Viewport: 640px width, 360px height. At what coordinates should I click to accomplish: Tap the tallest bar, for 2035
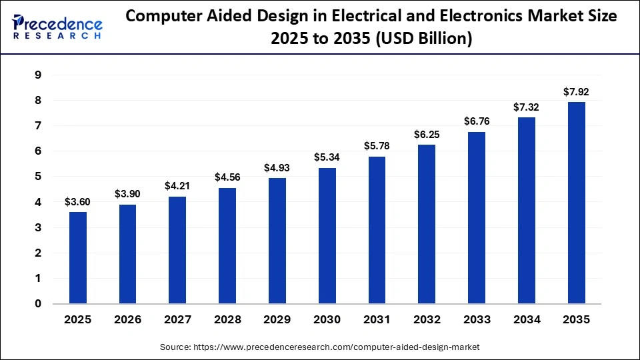tap(576, 203)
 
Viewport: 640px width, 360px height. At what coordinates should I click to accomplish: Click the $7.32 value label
tap(527, 107)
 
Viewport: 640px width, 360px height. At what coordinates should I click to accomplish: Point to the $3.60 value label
tap(78, 201)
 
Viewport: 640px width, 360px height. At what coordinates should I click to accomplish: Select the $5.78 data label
tap(377, 145)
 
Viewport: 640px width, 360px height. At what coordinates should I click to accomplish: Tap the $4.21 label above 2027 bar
tap(178, 186)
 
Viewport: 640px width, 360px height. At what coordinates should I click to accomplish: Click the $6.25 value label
tap(427, 134)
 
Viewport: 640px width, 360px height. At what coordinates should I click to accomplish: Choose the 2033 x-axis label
tap(477, 320)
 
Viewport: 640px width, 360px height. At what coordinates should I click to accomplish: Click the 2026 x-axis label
tap(128, 320)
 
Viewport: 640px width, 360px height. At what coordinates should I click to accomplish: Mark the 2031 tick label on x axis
tap(377, 320)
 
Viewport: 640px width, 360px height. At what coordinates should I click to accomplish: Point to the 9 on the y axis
tap(38, 75)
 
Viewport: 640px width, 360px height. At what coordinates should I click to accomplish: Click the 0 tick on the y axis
tap(38, 304)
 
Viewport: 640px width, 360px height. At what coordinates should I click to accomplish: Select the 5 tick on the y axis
tap(38, 177)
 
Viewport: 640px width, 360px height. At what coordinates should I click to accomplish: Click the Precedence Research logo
tap(57, 27)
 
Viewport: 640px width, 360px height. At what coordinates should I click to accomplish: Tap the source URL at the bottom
tap(320, 347)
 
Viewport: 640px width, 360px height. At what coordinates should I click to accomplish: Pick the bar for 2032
tap(427, 224)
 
